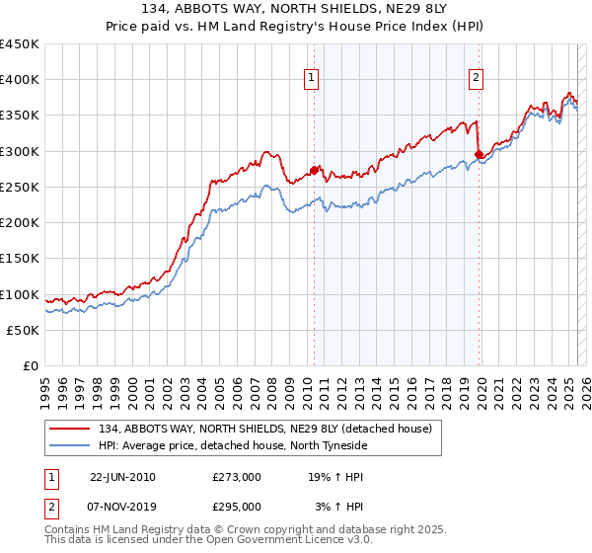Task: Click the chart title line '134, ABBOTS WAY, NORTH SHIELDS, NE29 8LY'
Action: (x=295, y=10)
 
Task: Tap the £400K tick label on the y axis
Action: (x=20, y=80)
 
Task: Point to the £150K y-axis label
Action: (x=20, y=259)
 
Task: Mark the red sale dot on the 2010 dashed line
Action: (x=315, y=170)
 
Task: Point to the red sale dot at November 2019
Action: (x=479, y=154)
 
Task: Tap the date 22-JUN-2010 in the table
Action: (x=122, y=476)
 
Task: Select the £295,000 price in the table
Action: (x=237, y=506)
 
